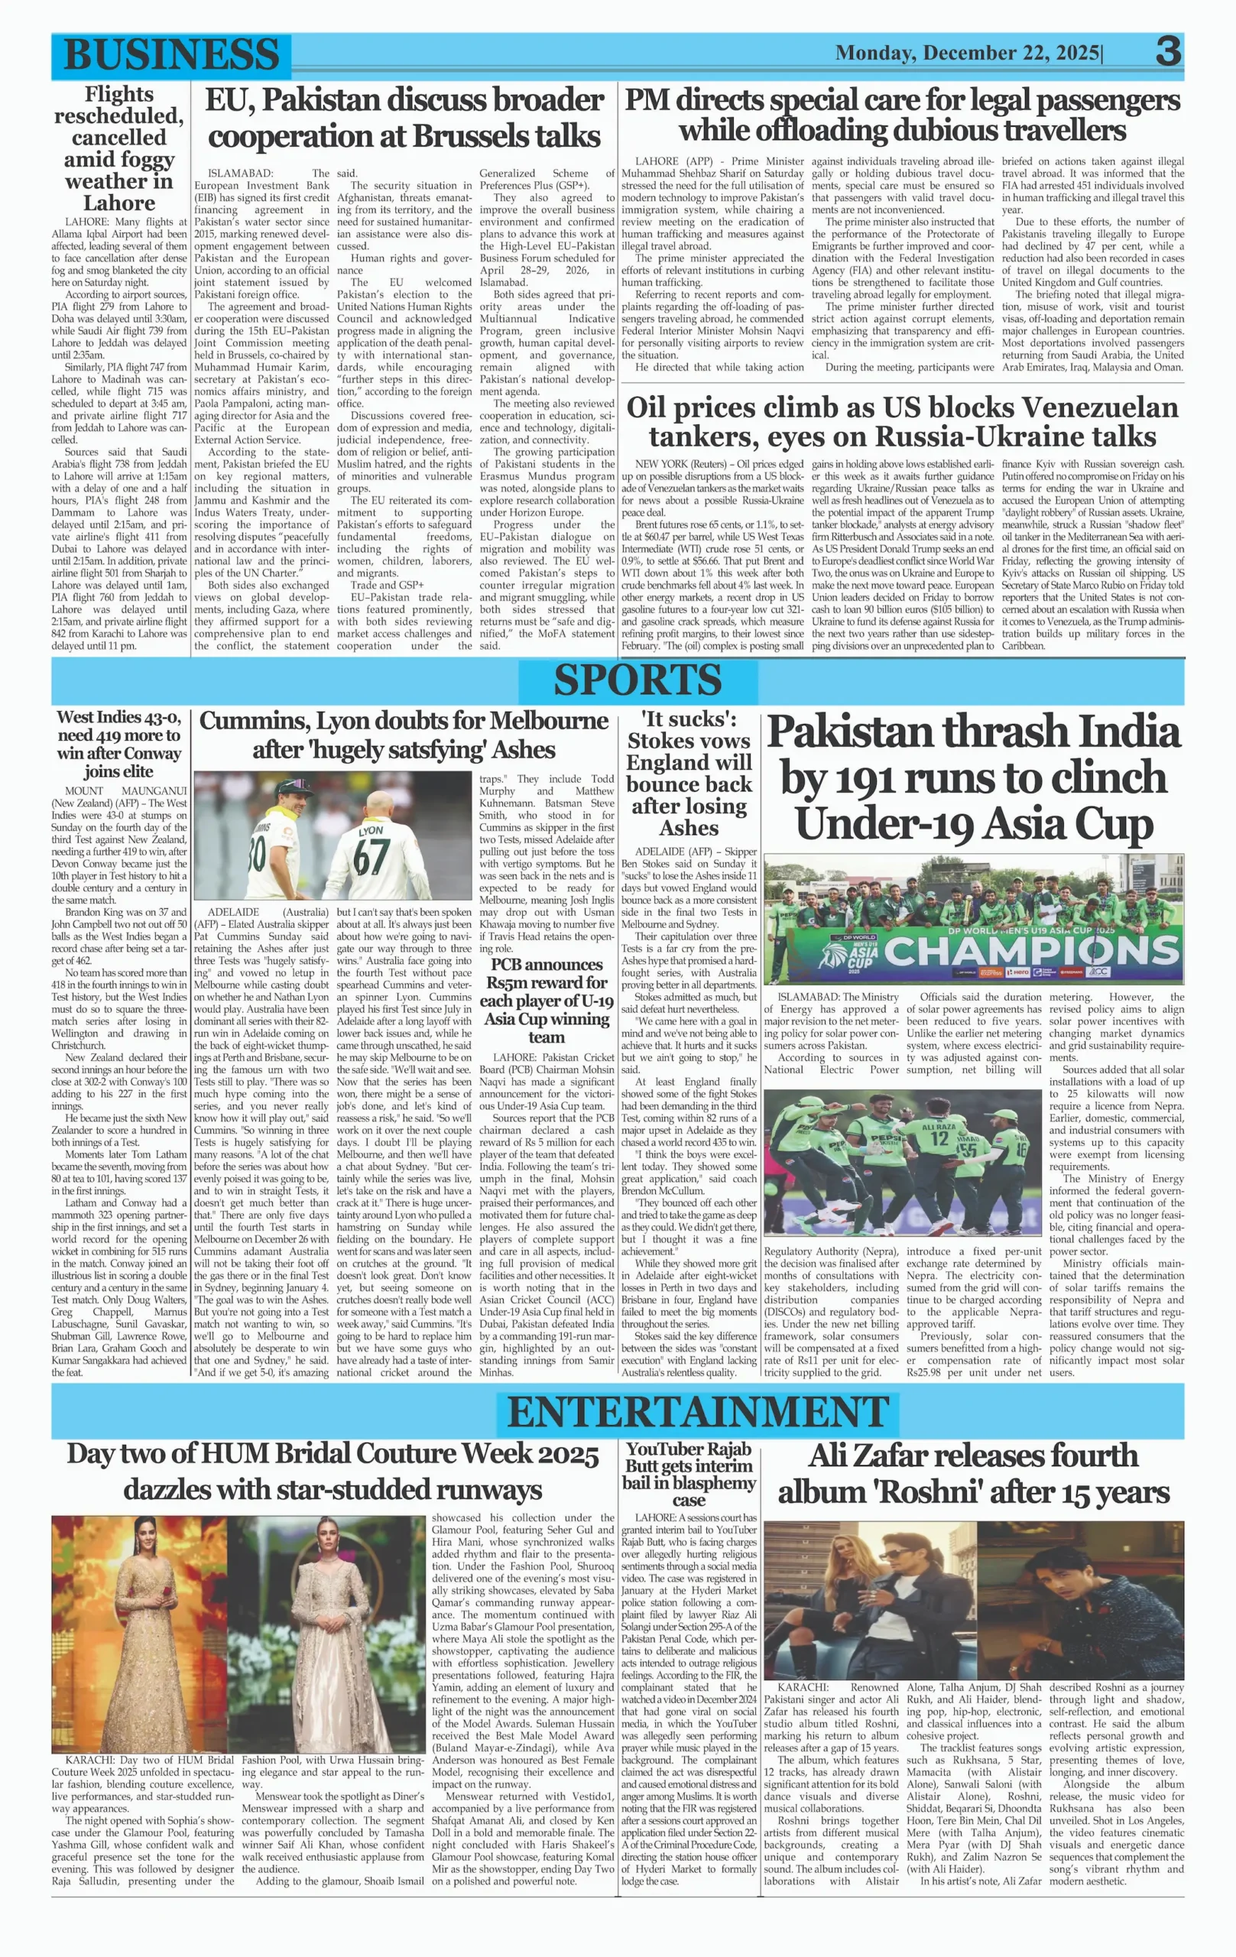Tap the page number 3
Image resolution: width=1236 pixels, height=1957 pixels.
[1168, 52]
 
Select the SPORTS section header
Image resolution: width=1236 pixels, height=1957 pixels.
[637, 680]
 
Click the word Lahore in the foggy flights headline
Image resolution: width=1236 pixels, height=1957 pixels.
[118, 203]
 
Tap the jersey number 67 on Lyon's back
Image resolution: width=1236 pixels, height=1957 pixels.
[371, 857]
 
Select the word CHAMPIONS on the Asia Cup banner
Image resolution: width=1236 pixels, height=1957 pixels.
[1031, 950]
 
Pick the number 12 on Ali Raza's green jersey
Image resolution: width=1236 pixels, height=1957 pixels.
[939, 1138]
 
